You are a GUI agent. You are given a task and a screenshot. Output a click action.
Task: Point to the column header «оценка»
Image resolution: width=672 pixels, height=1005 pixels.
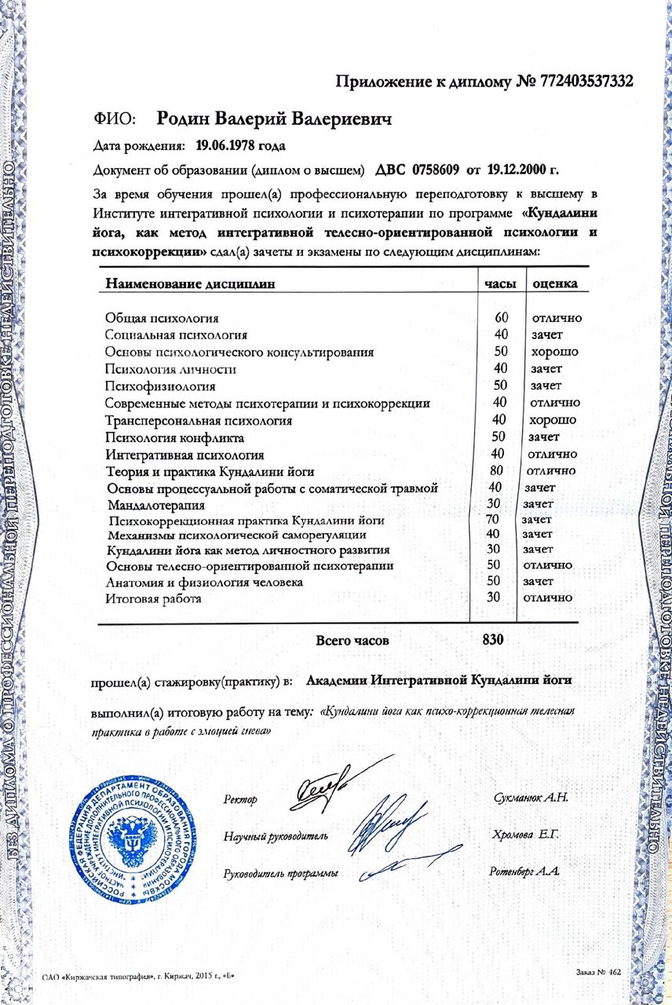pos(555,283)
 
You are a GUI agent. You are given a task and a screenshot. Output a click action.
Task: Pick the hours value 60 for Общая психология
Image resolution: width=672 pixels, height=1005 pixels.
pos(502,318)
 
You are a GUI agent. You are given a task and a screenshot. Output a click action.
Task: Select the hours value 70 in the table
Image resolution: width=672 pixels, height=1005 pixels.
pos(493,520)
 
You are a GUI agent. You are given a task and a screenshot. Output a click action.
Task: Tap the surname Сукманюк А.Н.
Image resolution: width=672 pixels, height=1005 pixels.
pos(531,798)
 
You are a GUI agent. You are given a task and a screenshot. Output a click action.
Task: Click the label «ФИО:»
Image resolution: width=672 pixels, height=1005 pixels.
pos(115,119)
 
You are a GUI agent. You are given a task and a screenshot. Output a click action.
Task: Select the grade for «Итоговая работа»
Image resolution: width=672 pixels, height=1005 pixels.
pos(552,598)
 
